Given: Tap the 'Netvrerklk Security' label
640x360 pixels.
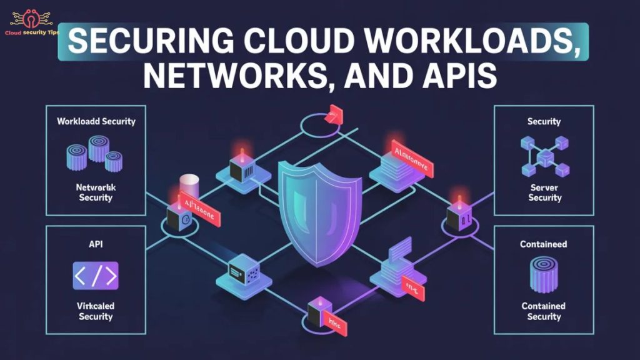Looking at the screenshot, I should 95,192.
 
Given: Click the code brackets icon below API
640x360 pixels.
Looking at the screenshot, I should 95,275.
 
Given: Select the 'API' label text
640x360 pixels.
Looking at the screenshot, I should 96,243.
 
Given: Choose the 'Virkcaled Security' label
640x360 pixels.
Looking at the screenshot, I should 96,311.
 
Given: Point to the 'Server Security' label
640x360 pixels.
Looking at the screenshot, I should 544,192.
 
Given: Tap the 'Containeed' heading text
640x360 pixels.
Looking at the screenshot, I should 544,244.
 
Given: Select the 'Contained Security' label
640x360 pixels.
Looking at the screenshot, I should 544,311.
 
